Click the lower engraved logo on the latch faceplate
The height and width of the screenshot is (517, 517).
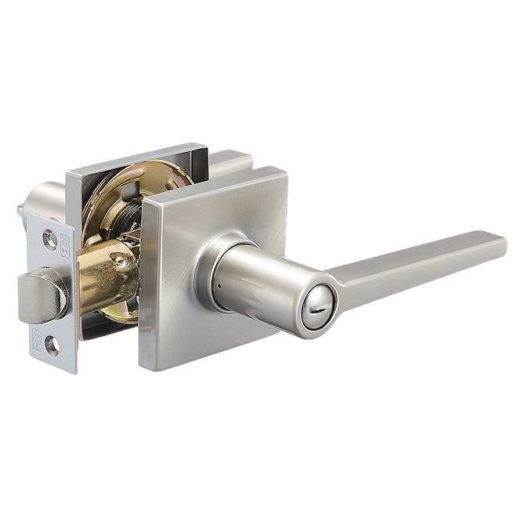click(x=36, y=338)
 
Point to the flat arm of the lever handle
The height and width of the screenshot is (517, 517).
click(x=415, y=262)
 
